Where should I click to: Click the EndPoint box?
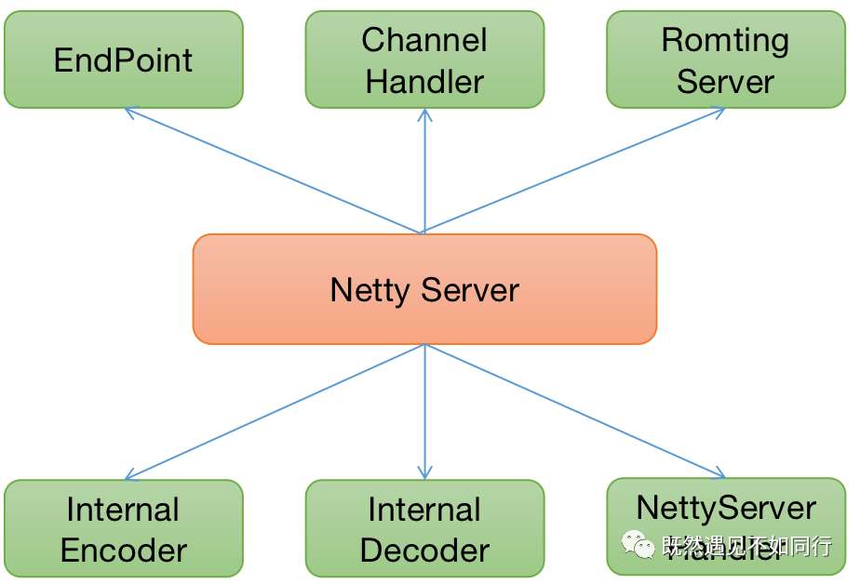[x=123, y=60]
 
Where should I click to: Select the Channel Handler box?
[x=424, y=60]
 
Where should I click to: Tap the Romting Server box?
[x=725, y=60]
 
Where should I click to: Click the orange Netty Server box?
[x=424, y=289]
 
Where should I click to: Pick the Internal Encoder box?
[x=123, y=528]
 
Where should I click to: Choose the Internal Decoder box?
[x=424, y=528]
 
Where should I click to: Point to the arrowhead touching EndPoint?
[x=128, y=111]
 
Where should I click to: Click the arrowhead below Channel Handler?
[x=424, y=113]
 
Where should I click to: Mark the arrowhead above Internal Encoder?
[x=128, y=475]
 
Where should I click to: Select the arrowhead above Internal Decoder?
[x=424, y=473]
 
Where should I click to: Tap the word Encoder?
[x=123, y=550]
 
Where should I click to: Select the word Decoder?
[x=424, y=550]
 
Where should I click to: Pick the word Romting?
[x=725, y=40]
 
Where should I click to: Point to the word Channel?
[x=424, y=40]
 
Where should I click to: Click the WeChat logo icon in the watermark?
[x=638, y=546]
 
